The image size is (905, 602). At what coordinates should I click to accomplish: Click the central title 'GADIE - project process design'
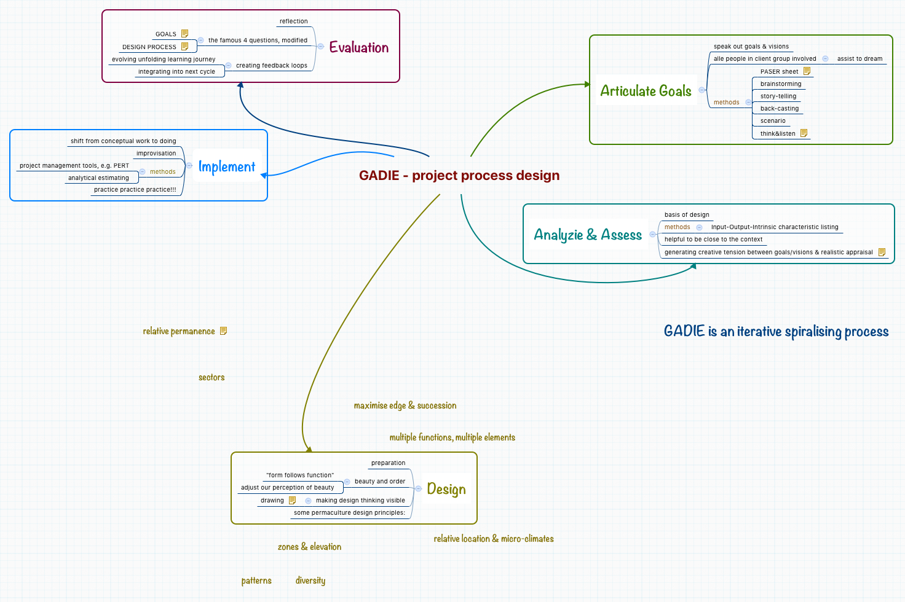pos(459,176)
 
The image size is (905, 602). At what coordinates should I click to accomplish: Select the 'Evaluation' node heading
pos(358,47)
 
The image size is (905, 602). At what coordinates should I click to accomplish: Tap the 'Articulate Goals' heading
pos(646,91)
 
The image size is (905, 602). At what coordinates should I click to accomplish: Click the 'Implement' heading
pos(226,166)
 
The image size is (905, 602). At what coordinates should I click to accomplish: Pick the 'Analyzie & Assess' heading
pos(587,235)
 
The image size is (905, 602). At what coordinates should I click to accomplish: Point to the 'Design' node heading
pos(446,489)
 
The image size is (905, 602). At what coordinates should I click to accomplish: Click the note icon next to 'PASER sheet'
pos(807,71)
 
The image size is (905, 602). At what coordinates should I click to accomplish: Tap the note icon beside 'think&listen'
pos(804,133)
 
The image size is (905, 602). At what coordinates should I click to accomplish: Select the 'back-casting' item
pos(779,109)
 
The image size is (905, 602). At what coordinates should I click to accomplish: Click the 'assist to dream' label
pos(860,59)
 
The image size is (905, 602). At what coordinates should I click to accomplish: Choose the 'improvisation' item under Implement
pos(156,154)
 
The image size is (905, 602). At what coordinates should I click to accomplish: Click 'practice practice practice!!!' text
pos(135,190)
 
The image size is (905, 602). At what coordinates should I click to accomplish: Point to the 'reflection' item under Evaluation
pos(293,21)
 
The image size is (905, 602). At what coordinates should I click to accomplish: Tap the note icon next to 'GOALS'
pos(184,34)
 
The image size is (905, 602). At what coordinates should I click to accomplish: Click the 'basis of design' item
pos(687,215)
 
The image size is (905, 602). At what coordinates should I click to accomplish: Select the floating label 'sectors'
pos(211,378)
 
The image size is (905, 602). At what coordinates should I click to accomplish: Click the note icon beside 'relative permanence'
pos(224,331)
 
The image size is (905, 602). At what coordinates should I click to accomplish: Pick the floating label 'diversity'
pos(310,580)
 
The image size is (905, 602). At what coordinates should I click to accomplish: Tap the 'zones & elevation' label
pos(309,547)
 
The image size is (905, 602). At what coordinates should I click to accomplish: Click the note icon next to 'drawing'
pos(293,501)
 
